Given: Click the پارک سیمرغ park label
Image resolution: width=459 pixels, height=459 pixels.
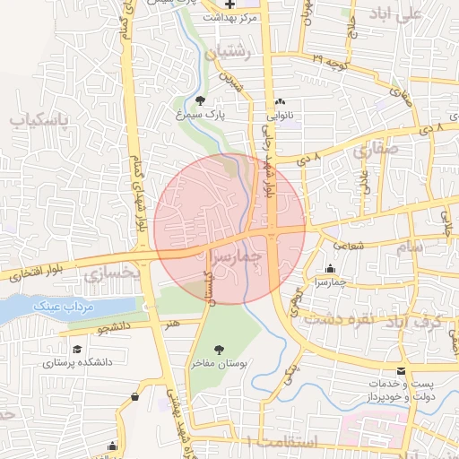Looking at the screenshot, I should point(199,116).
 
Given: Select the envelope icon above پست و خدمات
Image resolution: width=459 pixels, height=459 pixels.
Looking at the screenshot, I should point(401,371).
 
